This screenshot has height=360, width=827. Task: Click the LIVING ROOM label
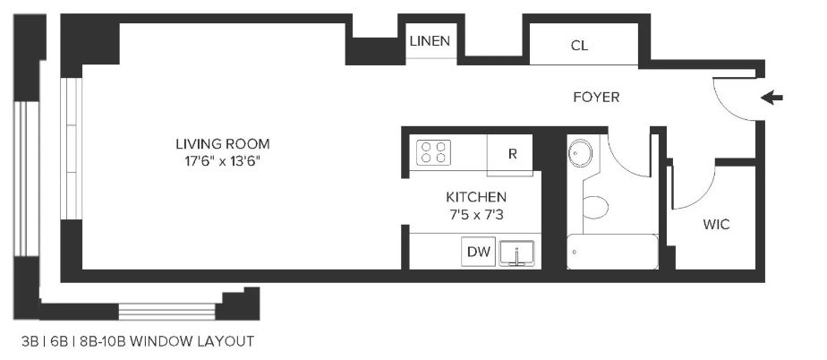[223, 143]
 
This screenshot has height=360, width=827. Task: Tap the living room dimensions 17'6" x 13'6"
[223, 161]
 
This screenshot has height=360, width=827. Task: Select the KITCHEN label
[476, 197]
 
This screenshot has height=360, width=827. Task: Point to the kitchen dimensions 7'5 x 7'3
[476, 215]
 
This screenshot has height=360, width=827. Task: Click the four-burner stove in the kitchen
[433, 152]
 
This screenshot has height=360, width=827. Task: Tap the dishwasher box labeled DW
[478, 252]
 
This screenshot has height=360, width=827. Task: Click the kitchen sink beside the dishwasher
[517, 253]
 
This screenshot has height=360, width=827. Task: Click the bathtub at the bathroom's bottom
[612, 252]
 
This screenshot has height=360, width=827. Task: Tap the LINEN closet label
[431, 40]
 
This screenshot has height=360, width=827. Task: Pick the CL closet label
[579, 46]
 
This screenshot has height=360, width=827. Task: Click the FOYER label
[596, 97]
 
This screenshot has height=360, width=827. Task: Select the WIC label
[716, 225]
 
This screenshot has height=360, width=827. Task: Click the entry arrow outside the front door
[772, 98]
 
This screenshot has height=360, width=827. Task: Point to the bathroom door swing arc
[621, 161]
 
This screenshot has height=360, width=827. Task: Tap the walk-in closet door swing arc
[702, 196]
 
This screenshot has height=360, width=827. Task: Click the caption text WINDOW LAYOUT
[192, 341]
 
